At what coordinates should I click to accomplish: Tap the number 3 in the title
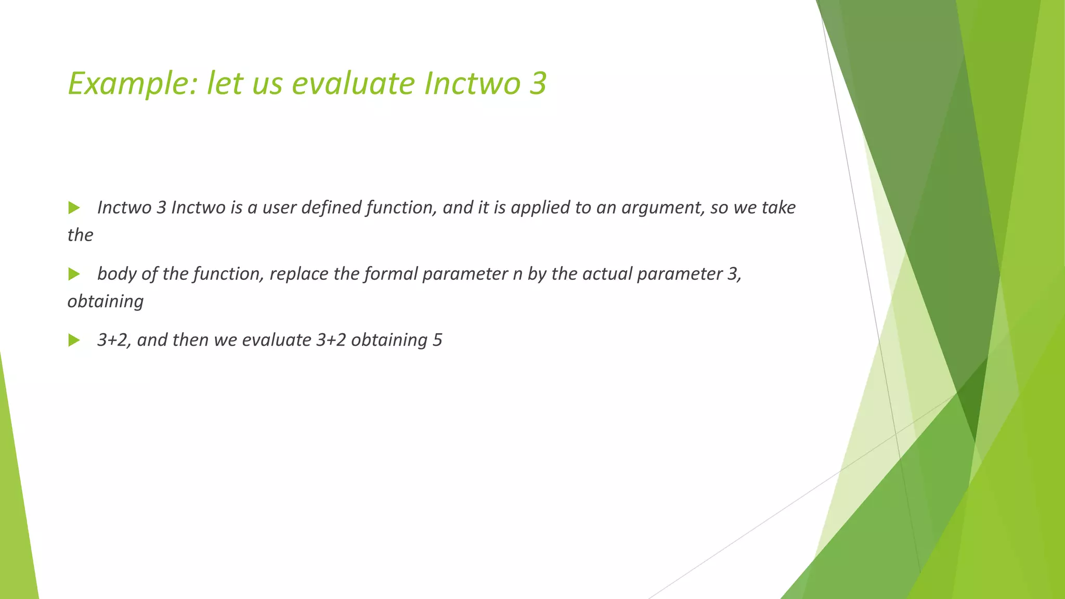click(x=538, y=84)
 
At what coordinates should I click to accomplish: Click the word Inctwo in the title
click(x=472, y=84)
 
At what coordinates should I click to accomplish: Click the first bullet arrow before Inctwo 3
click(x=74, y=208)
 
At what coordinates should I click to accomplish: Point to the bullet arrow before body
click(x=74, y=274)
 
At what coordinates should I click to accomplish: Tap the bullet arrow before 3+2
click(x=74, y=341)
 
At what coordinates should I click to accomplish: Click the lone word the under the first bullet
click(x=80, y=235)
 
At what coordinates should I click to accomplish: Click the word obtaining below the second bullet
click(x=106, y=302)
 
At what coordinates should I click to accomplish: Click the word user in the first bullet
click(x=279, y=207)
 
